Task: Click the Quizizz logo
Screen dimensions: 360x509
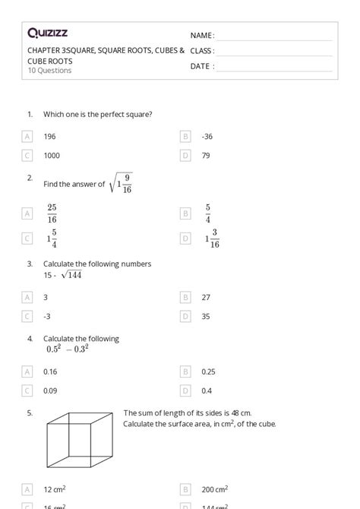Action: click(47, 33)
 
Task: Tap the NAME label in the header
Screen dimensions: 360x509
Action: click(202, 36)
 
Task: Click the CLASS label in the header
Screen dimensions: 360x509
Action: click(202, 51)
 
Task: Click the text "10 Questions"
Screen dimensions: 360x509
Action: click(49, 71)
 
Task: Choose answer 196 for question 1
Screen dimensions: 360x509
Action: click(50, 137)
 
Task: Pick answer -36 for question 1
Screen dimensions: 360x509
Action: click(207, 137)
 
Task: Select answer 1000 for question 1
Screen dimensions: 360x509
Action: click(52, 156)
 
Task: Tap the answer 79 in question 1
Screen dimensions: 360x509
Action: click(206, 156)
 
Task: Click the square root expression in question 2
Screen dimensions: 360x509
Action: click(122, 183)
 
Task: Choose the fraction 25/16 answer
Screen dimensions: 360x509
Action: click(52, 213)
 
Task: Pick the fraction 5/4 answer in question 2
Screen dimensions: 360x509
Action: click(207, 213)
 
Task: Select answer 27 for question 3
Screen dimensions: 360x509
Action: click(206, 298)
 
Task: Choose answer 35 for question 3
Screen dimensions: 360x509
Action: click(206, 316)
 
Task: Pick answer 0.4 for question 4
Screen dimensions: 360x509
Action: click(207, 390)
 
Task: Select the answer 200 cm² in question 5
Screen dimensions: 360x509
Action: click(215, 490)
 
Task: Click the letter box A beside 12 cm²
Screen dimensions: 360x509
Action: click(27, 490)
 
